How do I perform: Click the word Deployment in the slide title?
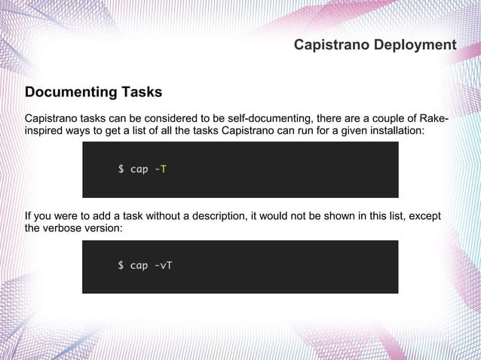pyautogui.click(x=416, y=45)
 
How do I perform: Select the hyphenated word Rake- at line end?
pyautogui.click(x=428, y=119)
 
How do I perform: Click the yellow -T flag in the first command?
pyautogui.click(x=160, y=169)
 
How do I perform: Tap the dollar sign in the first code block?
pyautogui.click(x=121, y=169)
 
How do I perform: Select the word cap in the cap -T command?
pyautogui.click(x=139, y=169)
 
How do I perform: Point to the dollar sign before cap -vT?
pyautogui.click(x=121, y=266)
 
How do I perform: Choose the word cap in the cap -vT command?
pyautogui.click(x=139, y=266)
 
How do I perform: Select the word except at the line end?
pyautogui.click(x=424, y=217)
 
